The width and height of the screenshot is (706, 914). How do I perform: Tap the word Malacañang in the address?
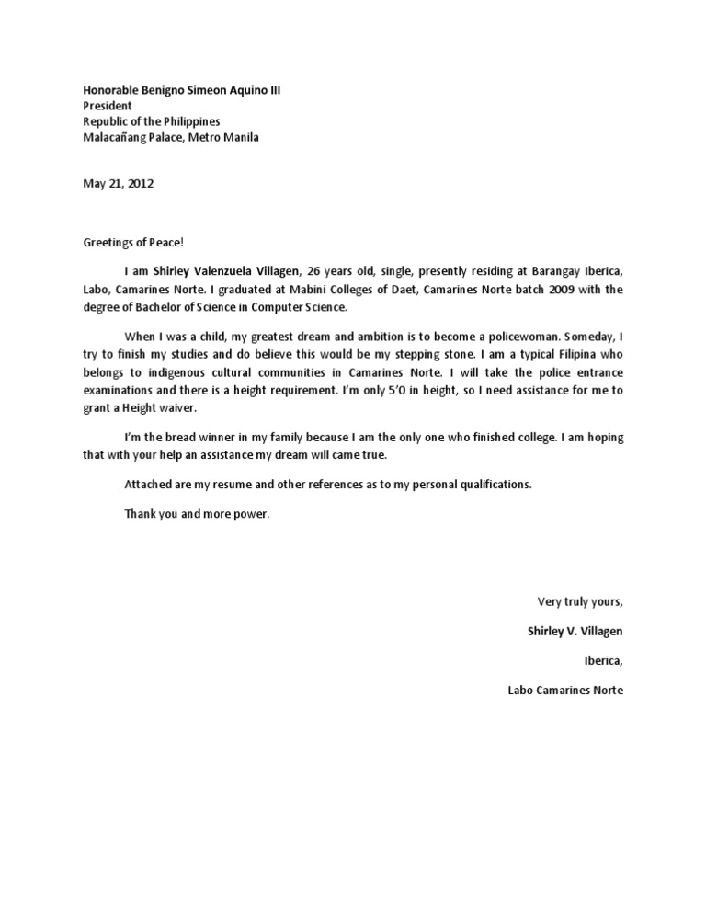[x=117, y=138]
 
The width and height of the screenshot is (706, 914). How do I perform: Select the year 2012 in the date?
[x=140, y=183]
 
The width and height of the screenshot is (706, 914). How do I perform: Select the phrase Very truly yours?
[x=580, y=602]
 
